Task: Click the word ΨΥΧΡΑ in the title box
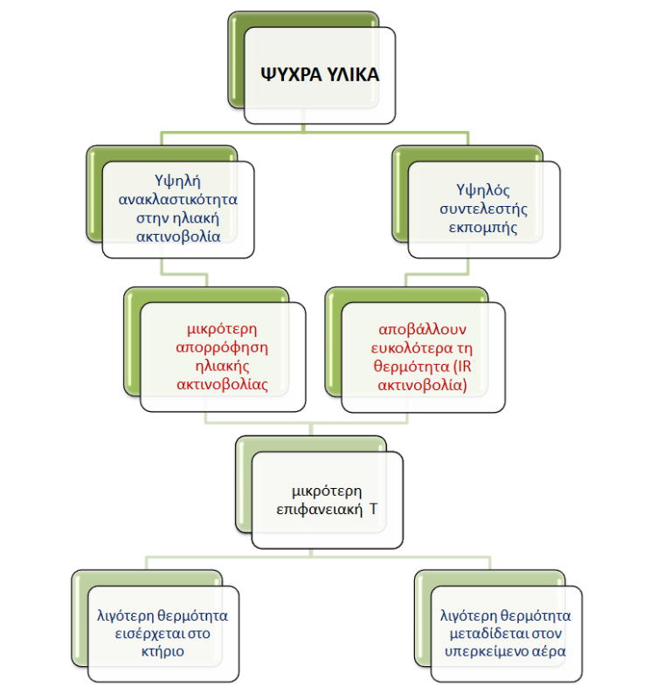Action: click(x=291, y=74)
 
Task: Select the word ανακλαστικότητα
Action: click(x=177, y=200)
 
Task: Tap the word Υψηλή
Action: click(x=177, y=181)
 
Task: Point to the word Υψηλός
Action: click(x=483, y=190)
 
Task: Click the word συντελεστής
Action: click(x=483, y=209)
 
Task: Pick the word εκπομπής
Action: click(x=483, y=228)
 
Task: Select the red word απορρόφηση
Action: click(x=222, y=347)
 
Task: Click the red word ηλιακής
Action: click(x=222, y=366)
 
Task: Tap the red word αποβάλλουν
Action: click(x=422, y=329)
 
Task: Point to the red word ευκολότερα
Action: click(x=406, y=348)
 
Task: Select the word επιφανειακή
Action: click(x=319, y=510)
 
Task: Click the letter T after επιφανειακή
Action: click(x=373, y=509)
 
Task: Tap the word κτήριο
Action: click(x=163, y=651)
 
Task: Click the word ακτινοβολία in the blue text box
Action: click(x=178, y=237)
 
